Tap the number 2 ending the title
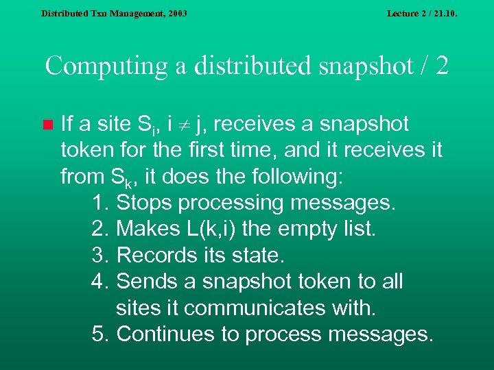pos(442,66)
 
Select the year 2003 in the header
pos(175,13)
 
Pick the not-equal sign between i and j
pos(182,125)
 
